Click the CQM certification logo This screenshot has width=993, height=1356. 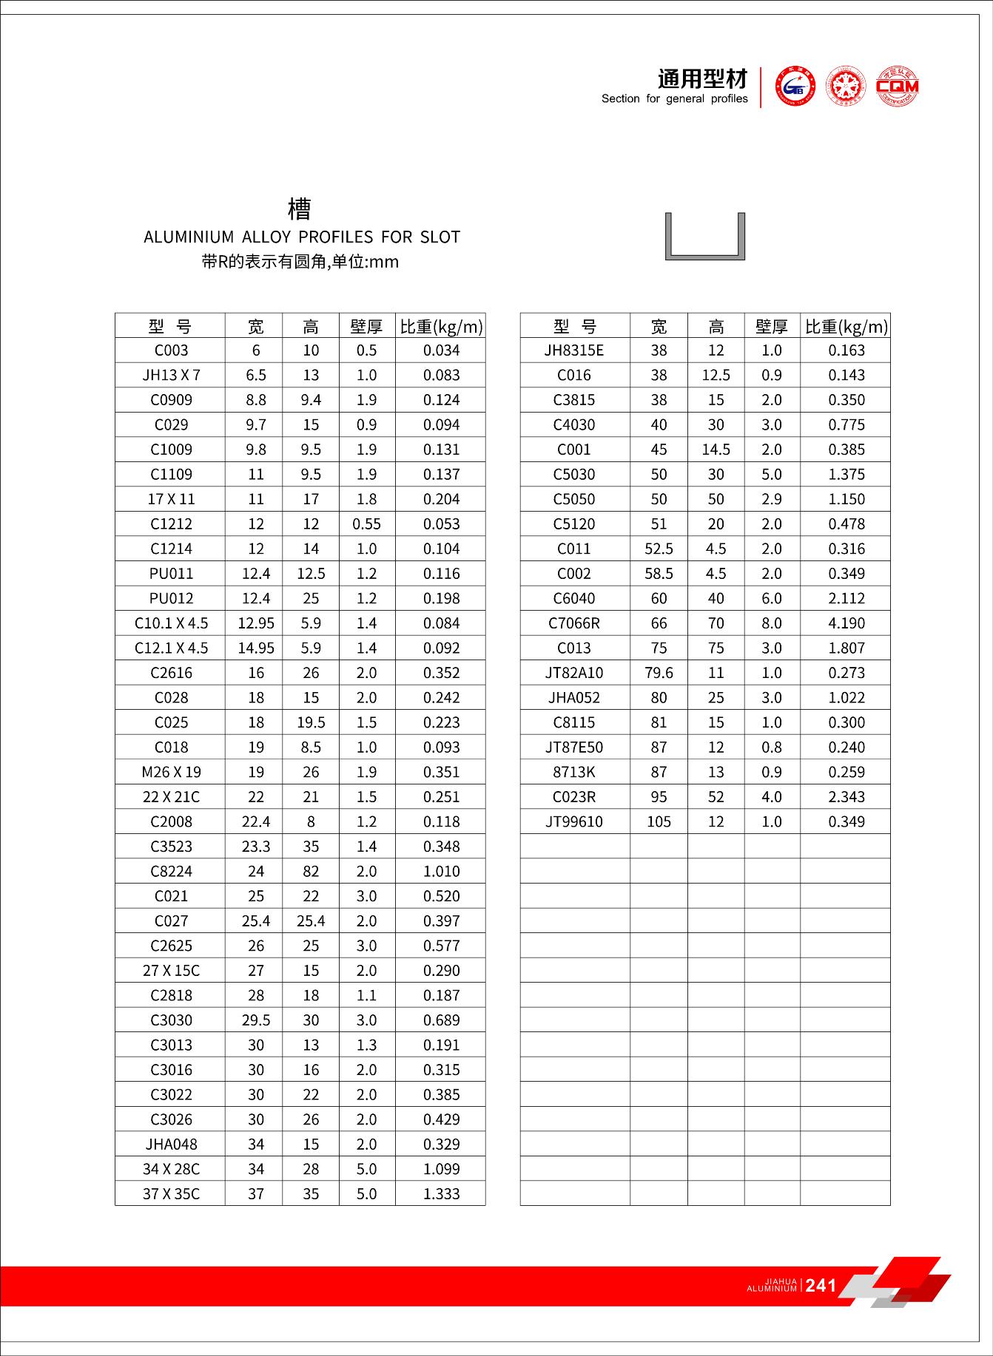coord(897,87)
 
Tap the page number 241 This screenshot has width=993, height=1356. coord(821,1286)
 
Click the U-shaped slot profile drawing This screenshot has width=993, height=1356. coord(705,237)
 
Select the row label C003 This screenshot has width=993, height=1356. coord(171,350)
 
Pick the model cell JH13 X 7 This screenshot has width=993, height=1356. coord(171,376)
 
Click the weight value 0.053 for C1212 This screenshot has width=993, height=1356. coord(441,524)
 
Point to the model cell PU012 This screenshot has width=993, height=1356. coord(171,599)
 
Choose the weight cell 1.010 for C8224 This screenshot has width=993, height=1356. coord(441,872)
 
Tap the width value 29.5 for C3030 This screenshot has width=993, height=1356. coord(256,1020)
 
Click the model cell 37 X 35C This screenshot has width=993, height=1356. coord(171,1194)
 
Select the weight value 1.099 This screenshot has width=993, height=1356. coord(441,1169)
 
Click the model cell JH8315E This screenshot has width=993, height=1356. coord(574,350)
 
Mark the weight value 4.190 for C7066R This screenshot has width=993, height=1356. coord(846,623)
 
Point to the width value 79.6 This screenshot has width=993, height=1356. coord(659,673)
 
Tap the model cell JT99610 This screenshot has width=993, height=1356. coord(574,821)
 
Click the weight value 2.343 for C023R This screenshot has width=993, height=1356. coord(846,797)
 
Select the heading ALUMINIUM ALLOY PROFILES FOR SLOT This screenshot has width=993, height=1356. coord(302,237)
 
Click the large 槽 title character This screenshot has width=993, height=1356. coord(300,209)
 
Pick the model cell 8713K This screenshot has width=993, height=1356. coord(574,772)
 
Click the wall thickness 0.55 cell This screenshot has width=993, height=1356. coord(366,524)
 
